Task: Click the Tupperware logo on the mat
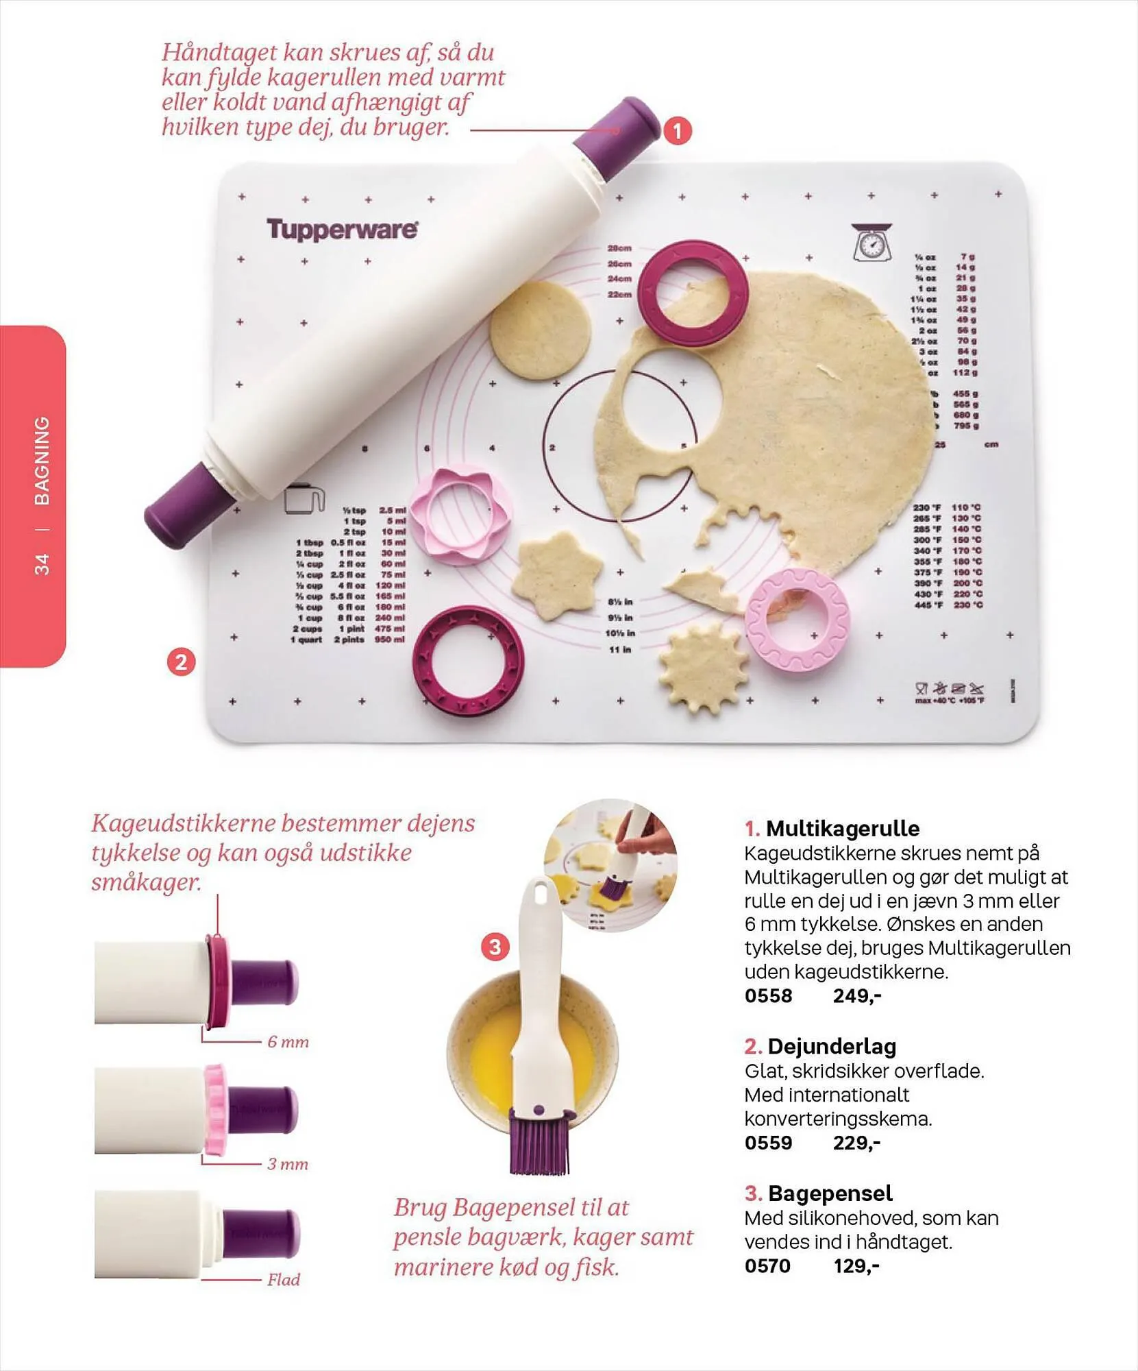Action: pyautogui.click(x=342, y=230)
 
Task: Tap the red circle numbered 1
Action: pyautogui.click(x=677, y=131)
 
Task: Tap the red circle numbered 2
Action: pyautogui.click(x=182, y=662)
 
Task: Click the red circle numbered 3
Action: pyautogui.click(x=495, y=947)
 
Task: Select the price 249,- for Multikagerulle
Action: pyautogui.click(x=856, y=996)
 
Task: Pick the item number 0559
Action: pyautogui.click(x=768, y=1143)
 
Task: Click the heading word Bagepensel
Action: pyautogui.click(x=830, y=1193)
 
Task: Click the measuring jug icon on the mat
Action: pyautogui.click(x=304, y=498)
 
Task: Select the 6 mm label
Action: pyautogui.click(x=288, y=1043)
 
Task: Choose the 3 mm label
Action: pyautogui.click(x=288, y=1164)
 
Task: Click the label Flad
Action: pyautogui.click(x=284, y=1280)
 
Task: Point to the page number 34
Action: pyautogui.click(x=42, y=564)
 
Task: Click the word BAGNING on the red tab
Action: pyautogui.click(x=42, y=461)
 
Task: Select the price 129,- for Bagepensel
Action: pyautogui.click(x=856, y=1266)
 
